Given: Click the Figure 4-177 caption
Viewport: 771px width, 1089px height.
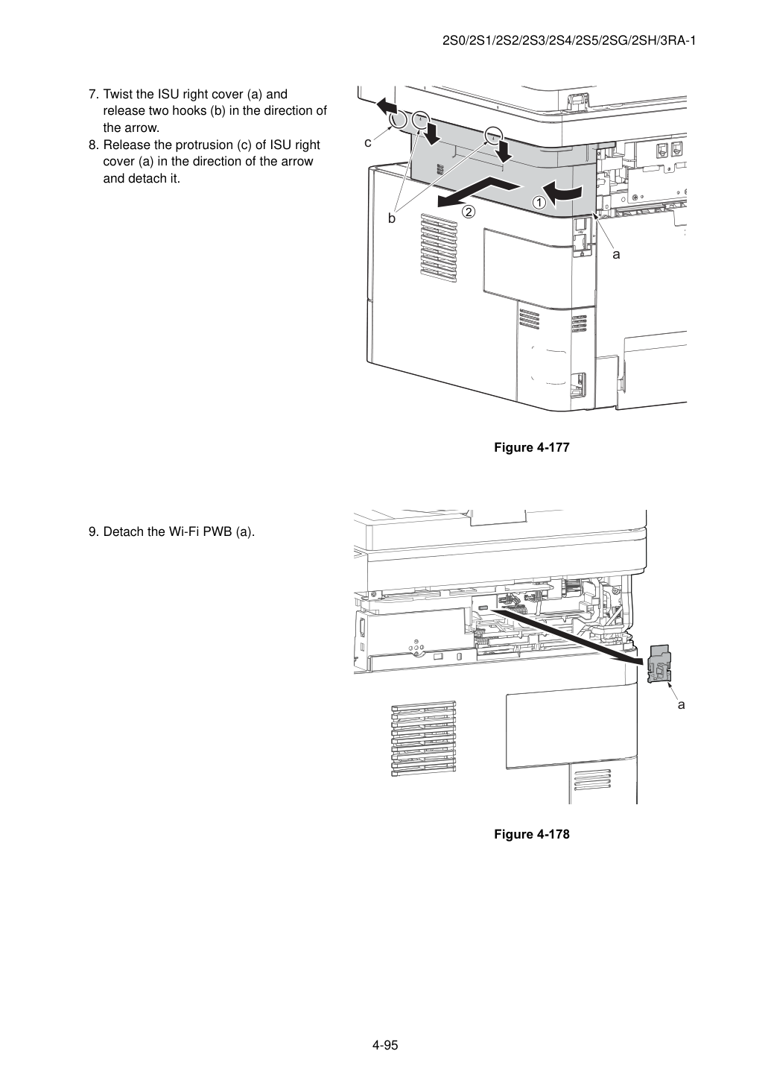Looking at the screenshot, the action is pos(531,447).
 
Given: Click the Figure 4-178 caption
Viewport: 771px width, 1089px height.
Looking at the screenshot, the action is pos(531,834).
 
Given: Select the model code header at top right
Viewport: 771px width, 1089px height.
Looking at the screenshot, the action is pos(569,41).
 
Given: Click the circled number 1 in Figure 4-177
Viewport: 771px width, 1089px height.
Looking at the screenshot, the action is pos(539,202).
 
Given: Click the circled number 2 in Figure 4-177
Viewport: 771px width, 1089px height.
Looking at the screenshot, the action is pos(469,212).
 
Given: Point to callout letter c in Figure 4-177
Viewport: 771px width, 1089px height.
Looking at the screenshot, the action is pos(368,143).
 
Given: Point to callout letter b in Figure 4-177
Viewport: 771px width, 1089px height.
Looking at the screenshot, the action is pos(392,219).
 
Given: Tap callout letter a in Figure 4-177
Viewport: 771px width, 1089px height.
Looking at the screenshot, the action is pos(616,255).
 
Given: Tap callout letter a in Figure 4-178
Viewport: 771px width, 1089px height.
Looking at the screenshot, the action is pos(681,704).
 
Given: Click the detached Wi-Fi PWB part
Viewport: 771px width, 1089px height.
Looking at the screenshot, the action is pos(659,664).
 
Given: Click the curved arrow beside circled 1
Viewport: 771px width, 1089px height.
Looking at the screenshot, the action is pos(562,192).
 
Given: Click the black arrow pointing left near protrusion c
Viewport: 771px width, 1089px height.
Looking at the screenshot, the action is pos(387,104).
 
